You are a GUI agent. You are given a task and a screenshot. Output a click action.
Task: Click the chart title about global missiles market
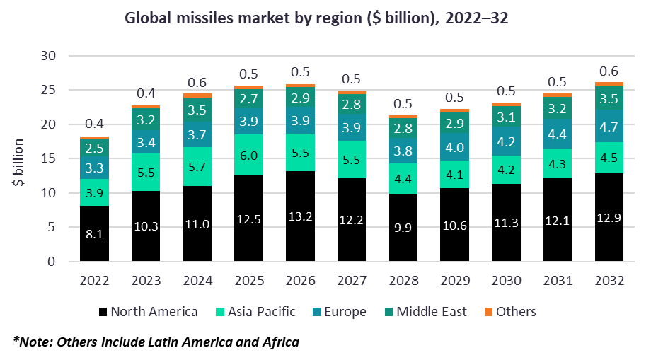point(317,18)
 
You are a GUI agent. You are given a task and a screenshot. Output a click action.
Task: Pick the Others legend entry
point(511,312)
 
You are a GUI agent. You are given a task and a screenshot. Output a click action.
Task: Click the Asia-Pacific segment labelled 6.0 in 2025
point(249,154)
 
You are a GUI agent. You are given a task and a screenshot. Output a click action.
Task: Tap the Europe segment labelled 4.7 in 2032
point(609,127)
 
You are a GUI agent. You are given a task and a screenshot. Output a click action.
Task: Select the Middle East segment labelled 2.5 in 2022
point(94,149)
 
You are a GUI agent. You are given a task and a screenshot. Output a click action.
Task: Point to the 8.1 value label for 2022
point(94,234)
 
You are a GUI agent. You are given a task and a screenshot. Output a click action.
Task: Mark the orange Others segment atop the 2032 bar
point(609,84)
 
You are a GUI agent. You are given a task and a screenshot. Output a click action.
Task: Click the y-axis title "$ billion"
point(19,163)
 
